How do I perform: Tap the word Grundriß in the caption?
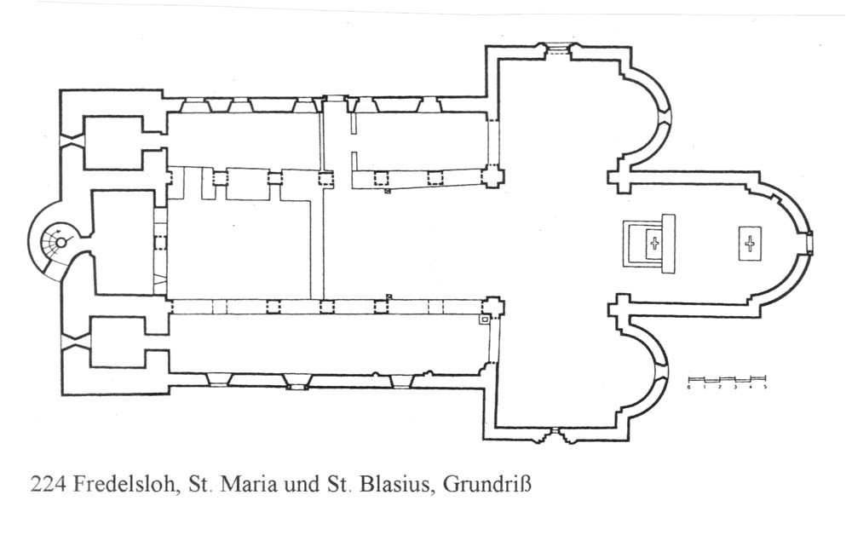[490, 486]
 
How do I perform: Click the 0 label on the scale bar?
[688, 387]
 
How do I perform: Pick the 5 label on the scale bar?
[765, 387]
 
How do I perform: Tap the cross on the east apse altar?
[750, 245]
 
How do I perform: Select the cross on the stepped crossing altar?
[654, 244]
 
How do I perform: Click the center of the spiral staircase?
[58, 242]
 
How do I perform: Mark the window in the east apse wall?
[810, 242]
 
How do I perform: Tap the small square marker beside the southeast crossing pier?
[483, 320]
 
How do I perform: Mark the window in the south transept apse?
[665, 373]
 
